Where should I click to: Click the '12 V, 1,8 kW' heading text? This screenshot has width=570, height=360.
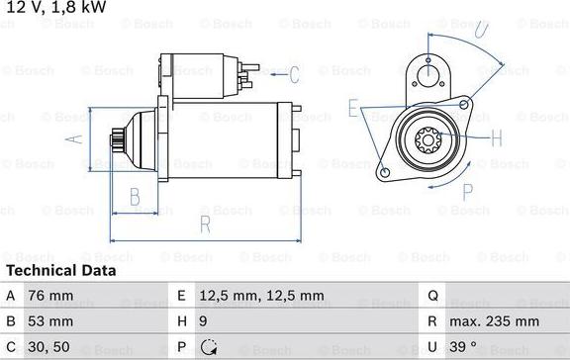coord(56,7)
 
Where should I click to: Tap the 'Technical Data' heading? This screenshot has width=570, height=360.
coord(61,271)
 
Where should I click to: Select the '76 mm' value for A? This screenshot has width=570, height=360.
coord(50,296)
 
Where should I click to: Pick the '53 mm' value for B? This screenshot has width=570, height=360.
coord(50,321)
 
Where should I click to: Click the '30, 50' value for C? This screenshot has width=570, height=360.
coord(48,347)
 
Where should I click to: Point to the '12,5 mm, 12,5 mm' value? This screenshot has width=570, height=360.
coord(261,296)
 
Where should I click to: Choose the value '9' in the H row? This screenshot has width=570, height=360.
coord(203,321)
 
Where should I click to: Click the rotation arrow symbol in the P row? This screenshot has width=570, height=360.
coord(209,347)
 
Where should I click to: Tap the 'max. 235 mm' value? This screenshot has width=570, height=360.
coord(494,321)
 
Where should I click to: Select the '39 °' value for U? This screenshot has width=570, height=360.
coord(463,346)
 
